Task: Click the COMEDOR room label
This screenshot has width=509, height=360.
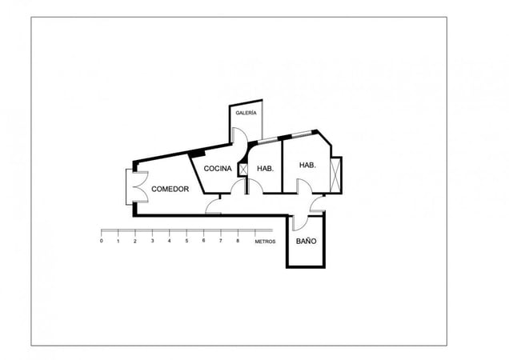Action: point(170,190)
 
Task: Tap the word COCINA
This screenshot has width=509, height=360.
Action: point(218,169)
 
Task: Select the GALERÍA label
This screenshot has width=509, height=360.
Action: point(246,114)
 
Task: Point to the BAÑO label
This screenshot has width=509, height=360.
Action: point(306,241)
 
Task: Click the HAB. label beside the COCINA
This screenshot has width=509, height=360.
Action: point(266,169)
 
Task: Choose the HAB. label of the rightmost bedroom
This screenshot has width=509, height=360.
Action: point(307,166)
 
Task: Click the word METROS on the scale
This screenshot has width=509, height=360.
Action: point(265,241)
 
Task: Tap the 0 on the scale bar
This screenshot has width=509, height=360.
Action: point(102,241)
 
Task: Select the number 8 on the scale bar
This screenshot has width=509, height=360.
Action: point(238,241)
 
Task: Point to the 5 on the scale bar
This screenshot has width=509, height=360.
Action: point(186,241)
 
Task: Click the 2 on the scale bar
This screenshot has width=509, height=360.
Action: point(135,241)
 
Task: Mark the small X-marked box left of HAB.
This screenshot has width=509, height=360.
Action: point(242,170)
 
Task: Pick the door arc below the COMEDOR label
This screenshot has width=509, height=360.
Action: point(214,206)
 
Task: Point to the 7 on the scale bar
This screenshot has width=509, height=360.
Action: point(220,241)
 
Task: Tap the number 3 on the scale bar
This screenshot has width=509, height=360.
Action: point(152,241)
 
